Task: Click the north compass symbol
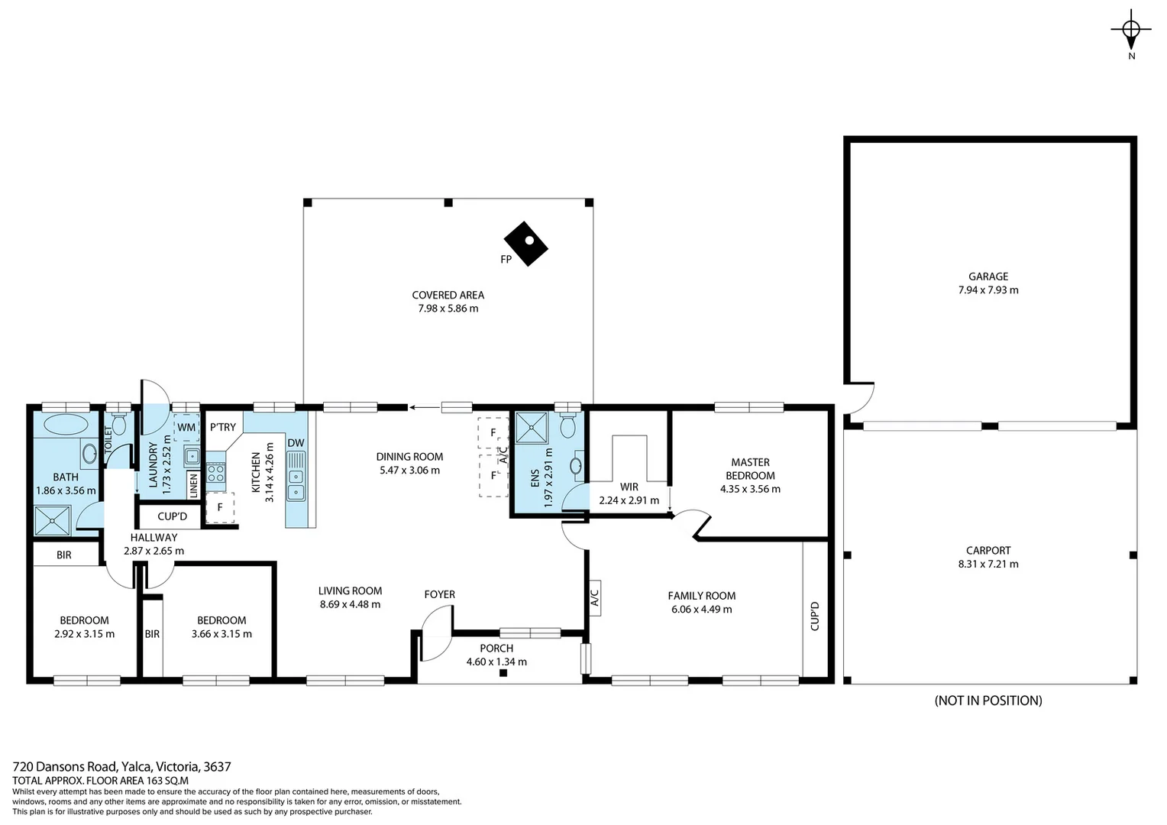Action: click(x=1131, y=31)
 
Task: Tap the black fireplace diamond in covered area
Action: click(x=527, y=244)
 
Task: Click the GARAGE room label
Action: click(x=988, y=277)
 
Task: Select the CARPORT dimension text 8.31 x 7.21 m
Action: click(x=988, y=565)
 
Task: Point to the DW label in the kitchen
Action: click(x=296, y=443)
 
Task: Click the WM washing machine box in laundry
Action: click(x=186, y=428)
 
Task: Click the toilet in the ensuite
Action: click(x=568, y=425)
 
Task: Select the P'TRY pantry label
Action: click(x=223, y=427)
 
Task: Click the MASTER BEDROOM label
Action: click(x=750, y=468)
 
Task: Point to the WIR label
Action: click(x=629, y=487)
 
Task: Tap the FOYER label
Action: click(x=440, y=594)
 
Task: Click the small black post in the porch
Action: click(x=503, y=673)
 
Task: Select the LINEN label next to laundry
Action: click(x=193, y=486)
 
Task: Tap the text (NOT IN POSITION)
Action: click(x=988, y=700)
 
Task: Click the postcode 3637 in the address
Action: click(x=216, y=766)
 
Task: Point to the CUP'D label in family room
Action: click(x=815, y=616)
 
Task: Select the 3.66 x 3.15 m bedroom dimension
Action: click(x=221, y=634)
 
